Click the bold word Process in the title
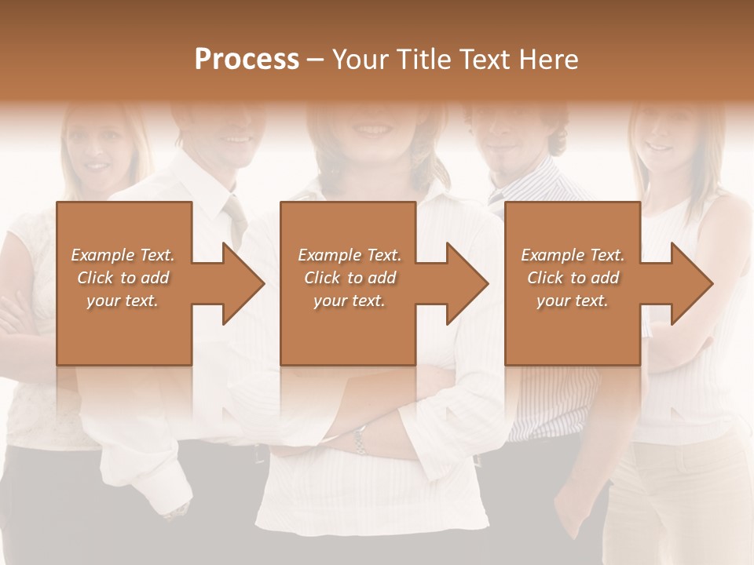point(247,60)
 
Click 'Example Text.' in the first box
point(123,255)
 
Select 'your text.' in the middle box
point(349,301)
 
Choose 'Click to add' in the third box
point(573,278)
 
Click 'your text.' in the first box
point(123,301)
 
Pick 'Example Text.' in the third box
point(573,255)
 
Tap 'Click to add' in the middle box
point(349,278)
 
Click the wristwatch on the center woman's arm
point(360,439)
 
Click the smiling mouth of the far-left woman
point(96,166)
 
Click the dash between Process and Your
point(316,60)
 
